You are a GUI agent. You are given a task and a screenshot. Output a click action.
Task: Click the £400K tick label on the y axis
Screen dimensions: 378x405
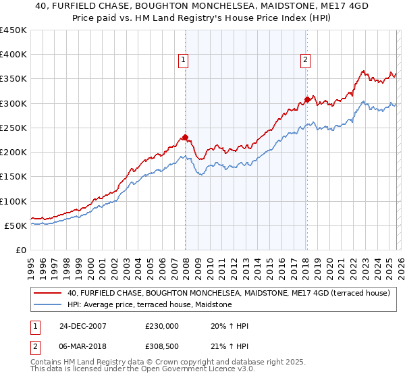point(13,55)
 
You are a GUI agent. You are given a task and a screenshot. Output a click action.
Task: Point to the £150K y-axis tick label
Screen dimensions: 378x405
point(13,177)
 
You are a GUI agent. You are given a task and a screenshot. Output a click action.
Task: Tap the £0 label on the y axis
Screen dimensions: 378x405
point(20,250)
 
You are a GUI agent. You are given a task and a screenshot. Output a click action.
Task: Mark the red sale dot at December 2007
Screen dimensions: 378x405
point(186,138)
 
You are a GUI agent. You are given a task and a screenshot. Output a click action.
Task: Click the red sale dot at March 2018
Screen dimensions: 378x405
point(307,99)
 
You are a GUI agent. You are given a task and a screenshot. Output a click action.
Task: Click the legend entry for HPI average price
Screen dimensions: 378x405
point(149,305)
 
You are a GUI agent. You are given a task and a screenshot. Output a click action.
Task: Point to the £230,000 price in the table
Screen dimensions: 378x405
point(161,326)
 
